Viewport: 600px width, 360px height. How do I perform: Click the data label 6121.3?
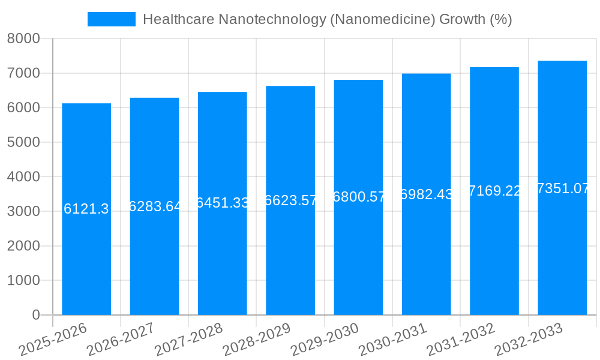point(86,209)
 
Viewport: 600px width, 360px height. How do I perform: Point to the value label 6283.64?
point(155,206)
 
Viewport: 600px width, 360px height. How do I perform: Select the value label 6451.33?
point(223,203)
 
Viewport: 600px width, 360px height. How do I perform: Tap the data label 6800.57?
point(359,197)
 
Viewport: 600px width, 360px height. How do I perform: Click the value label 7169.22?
point(494,191)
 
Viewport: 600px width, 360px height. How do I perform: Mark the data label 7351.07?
point(563,188)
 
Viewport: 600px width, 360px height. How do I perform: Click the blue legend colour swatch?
point(112,19)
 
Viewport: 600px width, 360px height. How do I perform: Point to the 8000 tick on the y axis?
point(23,39)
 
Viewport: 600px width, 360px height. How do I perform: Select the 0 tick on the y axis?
point(36,315)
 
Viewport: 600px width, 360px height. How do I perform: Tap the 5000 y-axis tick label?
point(23,142)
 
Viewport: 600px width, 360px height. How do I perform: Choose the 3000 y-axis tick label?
point(23,211)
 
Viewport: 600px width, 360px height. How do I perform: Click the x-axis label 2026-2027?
point(121,340)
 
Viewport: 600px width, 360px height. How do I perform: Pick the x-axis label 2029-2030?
point(325,340)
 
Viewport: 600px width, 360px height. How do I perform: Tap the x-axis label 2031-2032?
point(461,340)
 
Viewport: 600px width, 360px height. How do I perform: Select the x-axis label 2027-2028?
point(188,340)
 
